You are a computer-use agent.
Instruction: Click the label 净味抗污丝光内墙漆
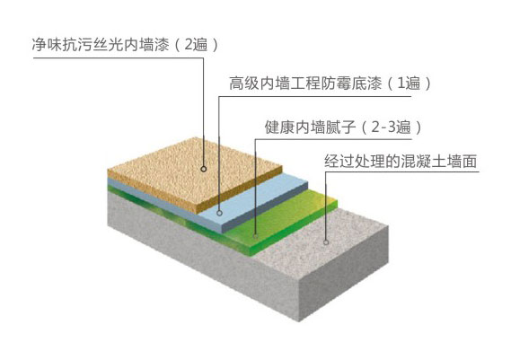click(x=101, y=45)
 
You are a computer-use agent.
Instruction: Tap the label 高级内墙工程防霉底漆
click(x=305, y=83)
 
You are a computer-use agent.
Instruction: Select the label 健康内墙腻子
click(x=310, y=127)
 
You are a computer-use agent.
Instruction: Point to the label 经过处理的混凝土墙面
click(x=401, y=162)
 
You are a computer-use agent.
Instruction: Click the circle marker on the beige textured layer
click(x=204, y=169)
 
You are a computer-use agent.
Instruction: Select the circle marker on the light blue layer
click(x=220, y=213)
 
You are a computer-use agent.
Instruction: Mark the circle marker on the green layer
click(x=256, y=235)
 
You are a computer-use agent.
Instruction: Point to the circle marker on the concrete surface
click(x=326, y=242)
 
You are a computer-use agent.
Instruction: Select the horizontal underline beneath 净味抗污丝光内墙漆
click(x=119, y=58)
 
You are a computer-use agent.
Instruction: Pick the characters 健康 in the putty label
click(x=279, y=127)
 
